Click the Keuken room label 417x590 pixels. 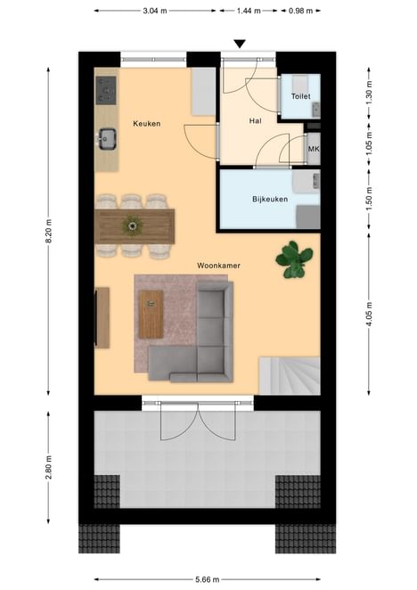tap(147, 123)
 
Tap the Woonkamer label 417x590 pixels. tap(218, 266)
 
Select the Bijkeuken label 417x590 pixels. tap(270, 199)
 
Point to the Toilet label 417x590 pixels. tap(300, 96)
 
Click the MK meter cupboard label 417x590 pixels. tap(314, 149)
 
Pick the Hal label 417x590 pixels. tap(255, 121)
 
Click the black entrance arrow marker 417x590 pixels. tap(240, 44)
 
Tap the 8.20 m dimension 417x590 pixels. tap(48, 231)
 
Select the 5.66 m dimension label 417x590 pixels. tap(207, 579)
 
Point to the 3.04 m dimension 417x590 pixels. tap(155, 11)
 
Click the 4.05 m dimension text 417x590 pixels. tap(369, 314)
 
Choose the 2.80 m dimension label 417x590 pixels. tap(48, 467)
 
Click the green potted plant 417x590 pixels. tap(294, 259)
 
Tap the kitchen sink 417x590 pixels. tap(107, 139)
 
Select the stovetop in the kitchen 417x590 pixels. tap(106, 90)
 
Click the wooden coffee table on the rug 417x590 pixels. tap(151, 315)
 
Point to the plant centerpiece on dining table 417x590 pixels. tap(132, 225)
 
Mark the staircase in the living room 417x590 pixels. tap(290, 375)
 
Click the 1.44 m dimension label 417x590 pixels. tap(249, 11)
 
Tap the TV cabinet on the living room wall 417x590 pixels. tap(102, 318)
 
